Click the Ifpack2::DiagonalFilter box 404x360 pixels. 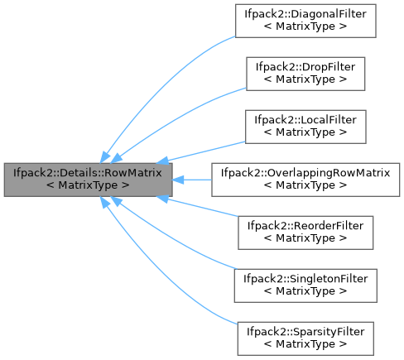point(305,21)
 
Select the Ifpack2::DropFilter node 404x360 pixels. point(305,73)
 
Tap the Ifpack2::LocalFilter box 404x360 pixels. point(305,127)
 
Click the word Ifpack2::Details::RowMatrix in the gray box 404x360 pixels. point(88,174)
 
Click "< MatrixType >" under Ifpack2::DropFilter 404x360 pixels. point(305,79)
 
